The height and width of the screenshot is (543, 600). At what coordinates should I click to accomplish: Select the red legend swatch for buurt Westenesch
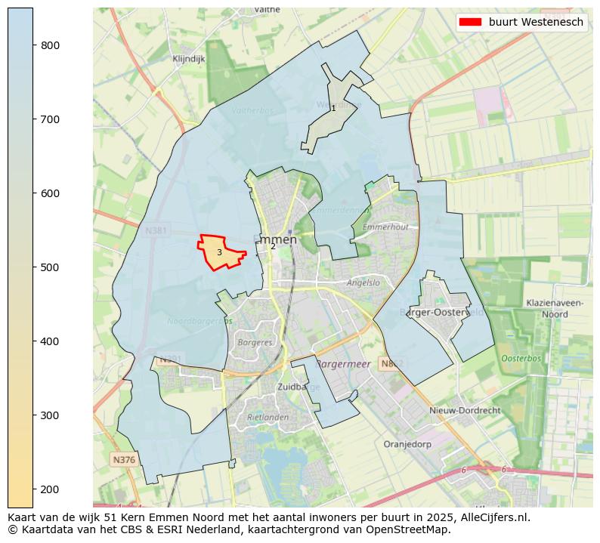click(x=470, y=22)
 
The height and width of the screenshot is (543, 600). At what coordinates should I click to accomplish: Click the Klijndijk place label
click(x=188, y=58)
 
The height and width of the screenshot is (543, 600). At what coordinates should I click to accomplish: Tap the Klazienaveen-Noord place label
click(x=555, y=308)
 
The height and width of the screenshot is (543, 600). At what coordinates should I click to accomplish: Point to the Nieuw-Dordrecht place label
click(x=465, y=410)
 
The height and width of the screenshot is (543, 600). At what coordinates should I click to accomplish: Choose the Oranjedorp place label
click(x=407, y=444)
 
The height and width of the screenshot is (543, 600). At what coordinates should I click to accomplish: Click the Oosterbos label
click(x=521, y=358)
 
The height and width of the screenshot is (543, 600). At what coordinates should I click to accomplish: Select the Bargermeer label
click(x=342, y=364)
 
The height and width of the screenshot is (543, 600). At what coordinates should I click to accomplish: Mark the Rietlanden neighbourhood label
click(x=268, y=417)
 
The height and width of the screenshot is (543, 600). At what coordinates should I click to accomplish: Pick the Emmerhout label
click(x=385, y=227)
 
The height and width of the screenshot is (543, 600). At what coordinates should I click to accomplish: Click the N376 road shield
click(x=123, y=459)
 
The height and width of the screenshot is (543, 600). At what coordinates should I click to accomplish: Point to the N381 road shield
click(x=156, y=230)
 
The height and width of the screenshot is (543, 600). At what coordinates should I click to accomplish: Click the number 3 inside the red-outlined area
click(x=219, y=252)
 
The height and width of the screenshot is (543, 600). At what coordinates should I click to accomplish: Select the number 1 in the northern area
click(x=333, y=109)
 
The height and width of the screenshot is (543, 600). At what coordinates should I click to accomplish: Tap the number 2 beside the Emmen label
click(x=273, y=247)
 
